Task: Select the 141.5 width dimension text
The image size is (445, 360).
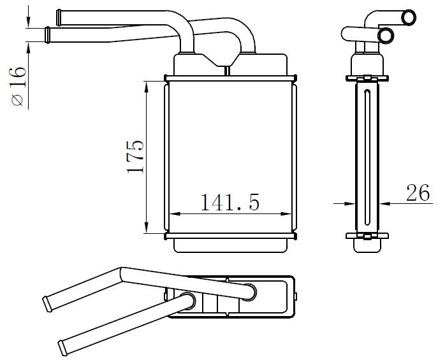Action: tap(230, 203)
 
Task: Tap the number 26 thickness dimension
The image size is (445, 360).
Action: tap(418, 193)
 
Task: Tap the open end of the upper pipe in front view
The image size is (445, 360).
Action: tap(59, 13)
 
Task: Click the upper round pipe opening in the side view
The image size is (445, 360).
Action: tap(407, 15)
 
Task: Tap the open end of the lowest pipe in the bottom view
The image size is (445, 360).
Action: tap(62, 347)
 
